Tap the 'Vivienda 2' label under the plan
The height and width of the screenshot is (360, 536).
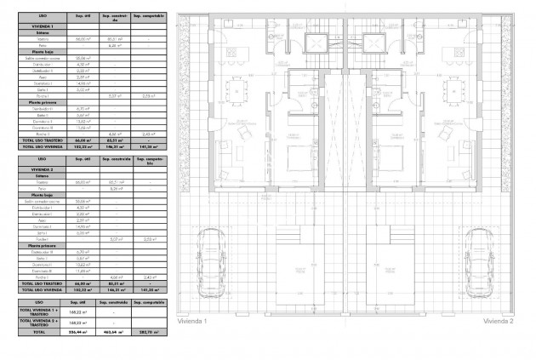499,322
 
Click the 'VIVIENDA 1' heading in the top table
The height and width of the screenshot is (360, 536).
40,27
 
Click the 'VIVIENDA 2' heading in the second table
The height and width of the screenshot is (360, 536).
40,170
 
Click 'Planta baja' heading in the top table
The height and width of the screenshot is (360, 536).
40,51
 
